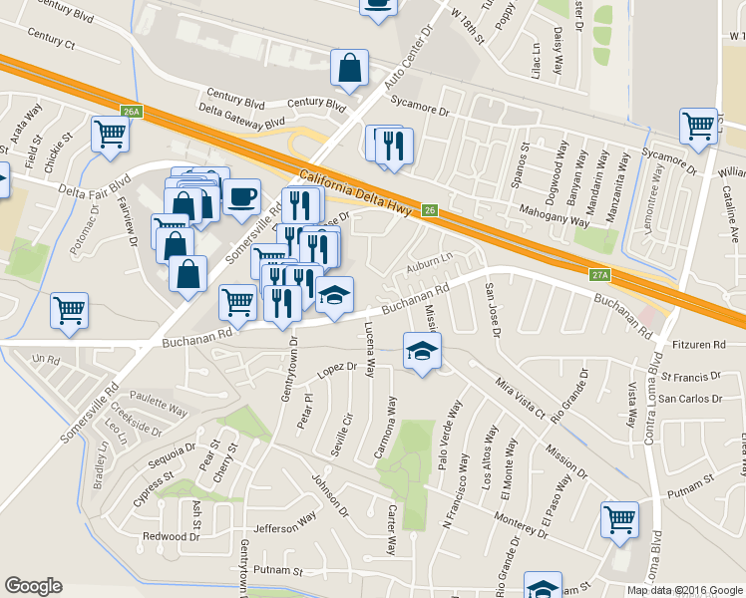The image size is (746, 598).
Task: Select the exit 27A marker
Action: coord(599,274)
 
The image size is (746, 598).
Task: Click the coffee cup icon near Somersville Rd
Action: coord(241,196)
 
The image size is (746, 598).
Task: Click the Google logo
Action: coord(33,586)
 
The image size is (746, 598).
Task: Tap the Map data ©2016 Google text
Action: coord(685,590)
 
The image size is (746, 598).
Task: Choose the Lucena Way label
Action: coord(369,354)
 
